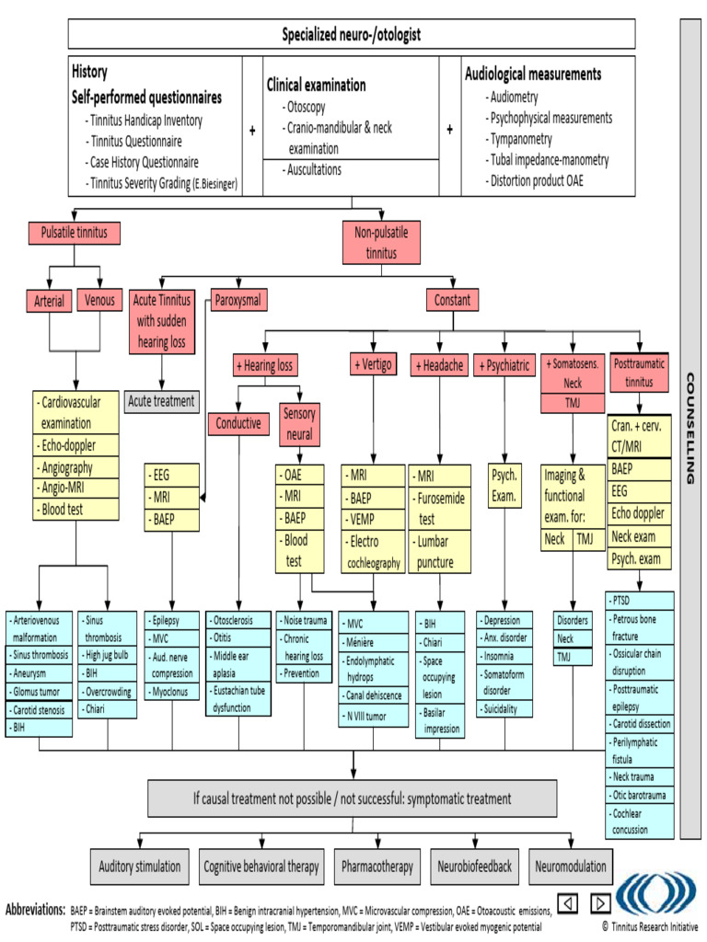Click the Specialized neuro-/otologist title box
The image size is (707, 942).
[x=351, y=34]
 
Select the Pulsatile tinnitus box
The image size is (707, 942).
[x=74, y=233]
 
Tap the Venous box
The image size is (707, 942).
[x=100, y=300]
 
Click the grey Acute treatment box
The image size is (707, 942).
[x=162, y=400]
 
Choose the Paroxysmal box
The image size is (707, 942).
[x=238, y=300]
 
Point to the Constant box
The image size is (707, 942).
[x=452, y=300]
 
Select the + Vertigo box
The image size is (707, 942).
[x=372, y=365]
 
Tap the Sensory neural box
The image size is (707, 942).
[x=299, y=423]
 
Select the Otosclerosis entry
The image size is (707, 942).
[x=238, y=620]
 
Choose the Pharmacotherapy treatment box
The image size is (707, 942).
[x=377, y=867]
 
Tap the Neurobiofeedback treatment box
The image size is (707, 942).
[x=476, y=867]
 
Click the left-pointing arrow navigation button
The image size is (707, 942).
[x=568, y=902]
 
